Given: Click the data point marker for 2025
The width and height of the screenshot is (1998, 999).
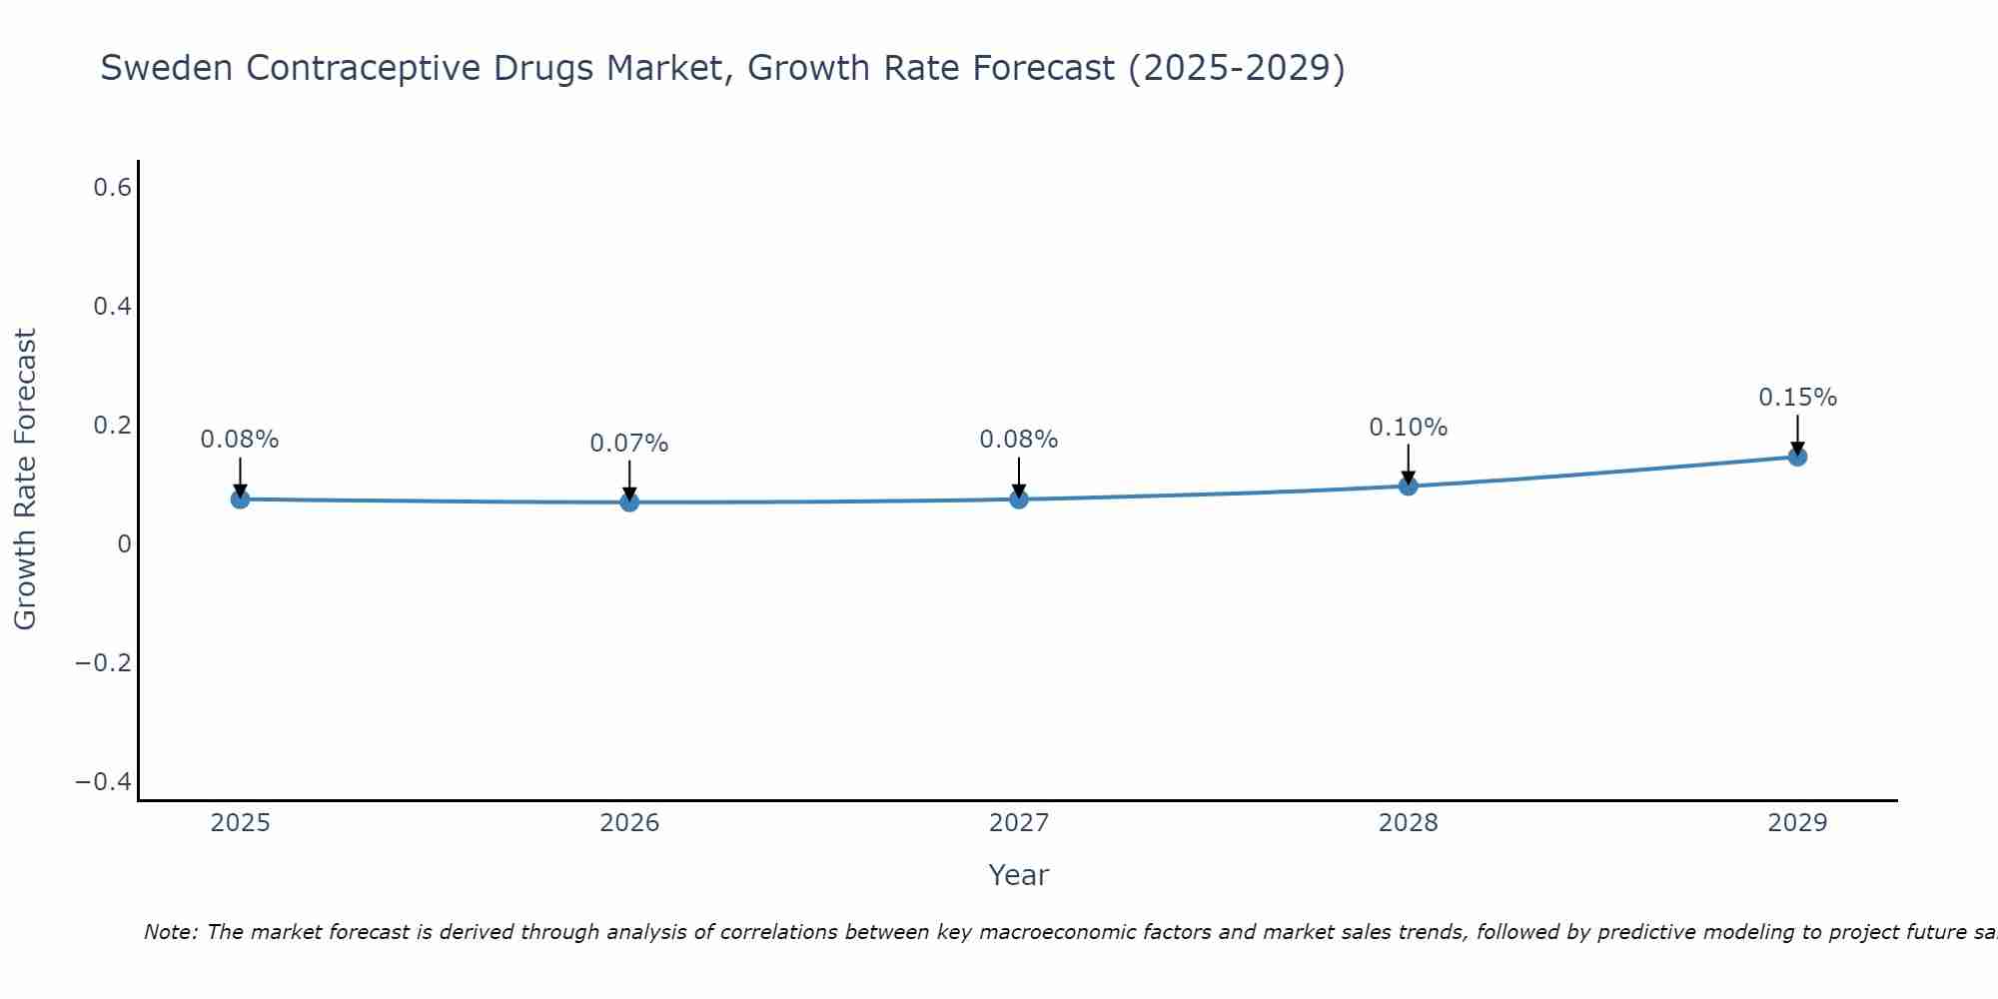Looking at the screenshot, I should pos(240,499).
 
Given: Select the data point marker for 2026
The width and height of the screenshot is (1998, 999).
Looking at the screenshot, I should pos(629,501).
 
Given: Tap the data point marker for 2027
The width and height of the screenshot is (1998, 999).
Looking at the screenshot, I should pos(1019,499).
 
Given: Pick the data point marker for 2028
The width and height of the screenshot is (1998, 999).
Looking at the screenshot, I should pos(1408,486).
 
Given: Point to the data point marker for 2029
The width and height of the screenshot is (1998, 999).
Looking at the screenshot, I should pos(1797,457).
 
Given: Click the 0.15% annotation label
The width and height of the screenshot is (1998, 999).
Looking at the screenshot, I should pos(1797,398).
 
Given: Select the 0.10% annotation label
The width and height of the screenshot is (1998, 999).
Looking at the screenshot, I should pos(1408,428).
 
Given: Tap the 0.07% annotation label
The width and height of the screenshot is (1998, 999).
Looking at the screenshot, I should pos(629,444).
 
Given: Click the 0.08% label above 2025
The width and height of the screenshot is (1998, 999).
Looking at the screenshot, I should pos(240,440).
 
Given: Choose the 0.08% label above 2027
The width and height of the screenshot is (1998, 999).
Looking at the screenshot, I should pos(1019,440).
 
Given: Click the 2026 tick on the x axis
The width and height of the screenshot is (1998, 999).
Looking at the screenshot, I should pos(629,823).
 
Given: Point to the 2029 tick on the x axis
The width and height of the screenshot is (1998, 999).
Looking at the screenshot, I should pos(1797,823).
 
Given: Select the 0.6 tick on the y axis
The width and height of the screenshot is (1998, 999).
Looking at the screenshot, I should pos(113,187).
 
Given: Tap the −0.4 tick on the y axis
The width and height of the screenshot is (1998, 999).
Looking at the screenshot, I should pos(104,781).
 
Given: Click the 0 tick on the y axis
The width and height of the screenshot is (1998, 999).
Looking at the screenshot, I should pos(124,543).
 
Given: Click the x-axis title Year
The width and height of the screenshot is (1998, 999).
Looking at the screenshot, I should pos(1018,875).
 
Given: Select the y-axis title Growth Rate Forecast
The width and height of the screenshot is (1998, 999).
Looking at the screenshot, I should pos(25,480).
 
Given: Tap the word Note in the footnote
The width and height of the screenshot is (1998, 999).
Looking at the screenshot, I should pos(170,932).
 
